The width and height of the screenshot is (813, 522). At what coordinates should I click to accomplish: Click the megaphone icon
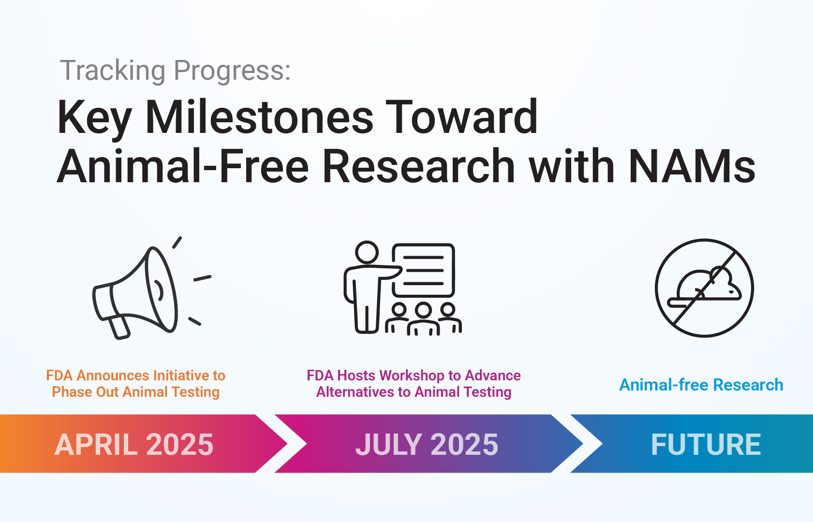click(145, 290)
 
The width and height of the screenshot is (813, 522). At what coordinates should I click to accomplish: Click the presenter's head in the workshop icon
click(367, 252)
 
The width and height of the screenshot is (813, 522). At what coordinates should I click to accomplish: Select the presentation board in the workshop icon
click(424, 270)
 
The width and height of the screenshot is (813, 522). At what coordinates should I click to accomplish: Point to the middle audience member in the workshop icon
click(423, 319)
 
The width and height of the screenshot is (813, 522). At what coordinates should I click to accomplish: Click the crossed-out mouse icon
click(704, 288)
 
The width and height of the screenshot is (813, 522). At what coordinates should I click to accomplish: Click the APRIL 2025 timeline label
click(133, 444)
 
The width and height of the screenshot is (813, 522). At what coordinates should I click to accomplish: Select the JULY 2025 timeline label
click(427, 444)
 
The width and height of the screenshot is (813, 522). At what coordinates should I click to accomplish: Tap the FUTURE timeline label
click(706, 444)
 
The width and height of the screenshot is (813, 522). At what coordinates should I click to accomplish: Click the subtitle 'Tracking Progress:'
click(175, 71)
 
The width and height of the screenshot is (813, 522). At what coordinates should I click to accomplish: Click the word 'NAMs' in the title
click(693, 166)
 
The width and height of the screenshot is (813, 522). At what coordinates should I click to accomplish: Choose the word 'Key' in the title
click(94, 120)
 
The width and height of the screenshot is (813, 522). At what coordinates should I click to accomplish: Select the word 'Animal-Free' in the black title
click(183, 166)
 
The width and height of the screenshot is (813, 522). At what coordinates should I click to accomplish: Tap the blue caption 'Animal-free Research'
click(701, 385)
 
